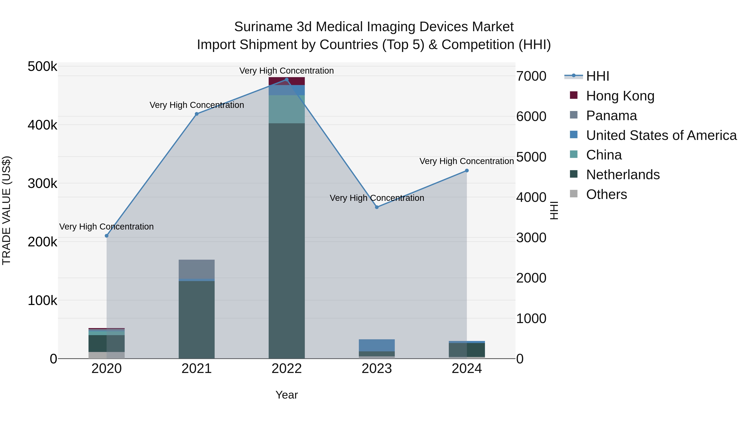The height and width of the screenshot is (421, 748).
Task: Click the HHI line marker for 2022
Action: pos(287,80)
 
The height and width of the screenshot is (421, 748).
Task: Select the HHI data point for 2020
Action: pos(107,236)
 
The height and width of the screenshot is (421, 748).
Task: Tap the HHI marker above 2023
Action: pos(377,207)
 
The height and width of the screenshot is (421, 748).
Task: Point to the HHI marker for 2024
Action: pos(467,170)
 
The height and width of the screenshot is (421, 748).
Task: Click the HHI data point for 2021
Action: pos(197,114)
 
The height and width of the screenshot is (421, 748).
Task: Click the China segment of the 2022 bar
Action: pos(287,109)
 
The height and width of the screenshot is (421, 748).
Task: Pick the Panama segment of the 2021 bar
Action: pos(197,269)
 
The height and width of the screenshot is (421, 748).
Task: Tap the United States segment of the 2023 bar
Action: pos(377,345)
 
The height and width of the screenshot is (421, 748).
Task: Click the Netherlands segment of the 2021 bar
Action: pos(197,320)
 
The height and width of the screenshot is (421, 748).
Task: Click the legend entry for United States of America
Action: pos(661,135)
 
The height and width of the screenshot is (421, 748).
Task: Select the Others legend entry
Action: pos(606,194)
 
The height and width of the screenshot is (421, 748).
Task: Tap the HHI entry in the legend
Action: pos(597,76)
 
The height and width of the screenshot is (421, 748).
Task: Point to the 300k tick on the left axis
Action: pos(42,183)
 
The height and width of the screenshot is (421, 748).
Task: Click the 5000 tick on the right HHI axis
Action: pos(531,157)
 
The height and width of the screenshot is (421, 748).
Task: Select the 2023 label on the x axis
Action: pos(377,369)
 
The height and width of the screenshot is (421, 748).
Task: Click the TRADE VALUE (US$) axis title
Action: pos(6,210)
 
